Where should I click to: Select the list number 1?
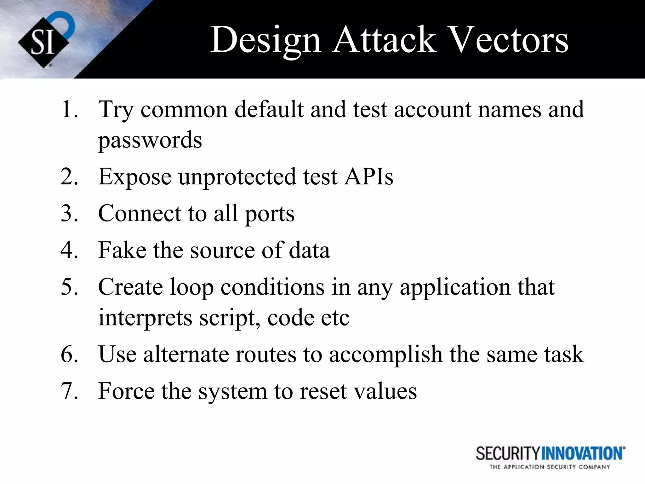tap(68, 110)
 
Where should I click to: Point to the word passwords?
tap(150, 140)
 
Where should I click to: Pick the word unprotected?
tap(237, 177)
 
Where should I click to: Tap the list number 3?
tap(69, 213)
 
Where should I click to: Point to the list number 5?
tap(69, 287)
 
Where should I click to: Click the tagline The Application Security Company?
tap(550, 467)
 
